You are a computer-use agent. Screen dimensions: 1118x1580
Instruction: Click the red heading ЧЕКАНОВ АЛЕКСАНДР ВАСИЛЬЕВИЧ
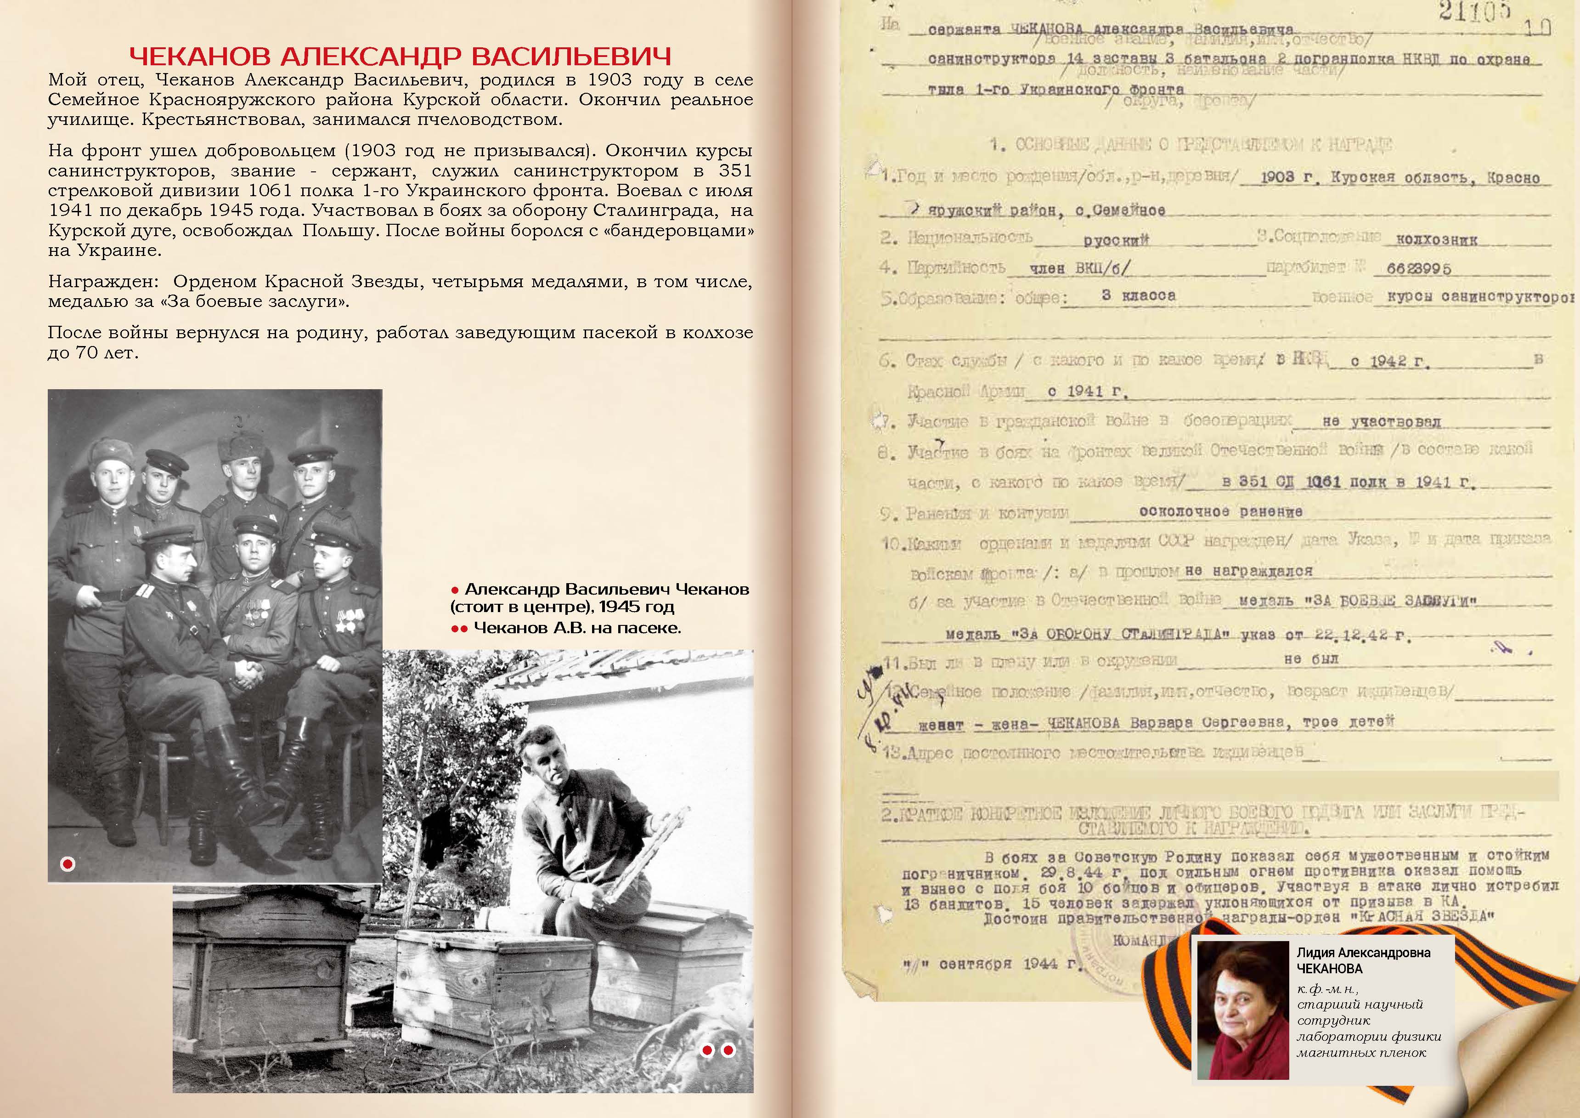(401, 56)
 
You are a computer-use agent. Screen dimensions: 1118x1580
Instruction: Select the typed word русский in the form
(1116, 240)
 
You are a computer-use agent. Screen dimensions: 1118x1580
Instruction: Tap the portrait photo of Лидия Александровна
(1243, 1009)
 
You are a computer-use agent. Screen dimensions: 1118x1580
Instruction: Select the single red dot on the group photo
(68, 864)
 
